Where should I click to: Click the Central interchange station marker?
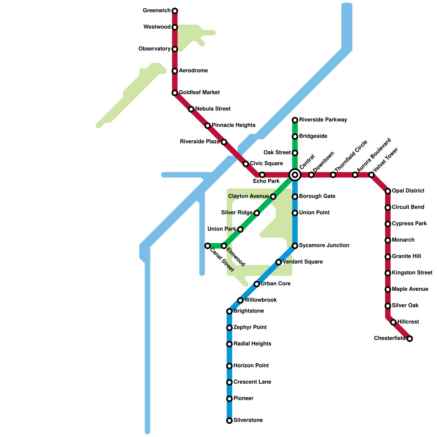tap(295, 175)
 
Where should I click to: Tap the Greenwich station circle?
tap(175, 11)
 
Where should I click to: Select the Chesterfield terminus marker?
tap(409, 339)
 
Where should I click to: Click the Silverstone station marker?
tap(229, 421)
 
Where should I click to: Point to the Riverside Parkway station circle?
tap(295, 120)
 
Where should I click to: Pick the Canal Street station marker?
tap(208, 246)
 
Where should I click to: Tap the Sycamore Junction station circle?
tap(295, 246)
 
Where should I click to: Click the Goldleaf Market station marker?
tap(175, 93)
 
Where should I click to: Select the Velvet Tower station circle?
tap(371, 175)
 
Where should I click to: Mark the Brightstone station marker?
tap(229, 311)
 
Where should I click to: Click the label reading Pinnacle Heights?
tap(233, 125)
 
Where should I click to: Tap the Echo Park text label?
tap(266, 181)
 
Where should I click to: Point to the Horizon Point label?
tap(251, 366)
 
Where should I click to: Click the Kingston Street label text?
tap(412, 273)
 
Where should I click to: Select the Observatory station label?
tap(154, 49)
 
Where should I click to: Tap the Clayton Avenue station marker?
tap(273, 197)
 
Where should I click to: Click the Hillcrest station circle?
tap(393, 322)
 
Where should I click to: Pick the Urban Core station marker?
tap(257, 284)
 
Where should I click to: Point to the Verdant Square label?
tap(303, 262)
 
